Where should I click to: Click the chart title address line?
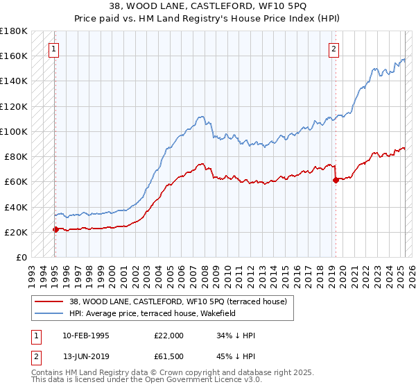tap(208, 6)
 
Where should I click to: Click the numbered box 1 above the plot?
tap(53, 49)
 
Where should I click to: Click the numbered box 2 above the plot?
tap(334, 49)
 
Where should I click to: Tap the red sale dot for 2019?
tap(336, 180)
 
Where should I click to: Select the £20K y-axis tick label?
tap(15, 232)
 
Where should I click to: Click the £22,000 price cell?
tap(169, 336)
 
